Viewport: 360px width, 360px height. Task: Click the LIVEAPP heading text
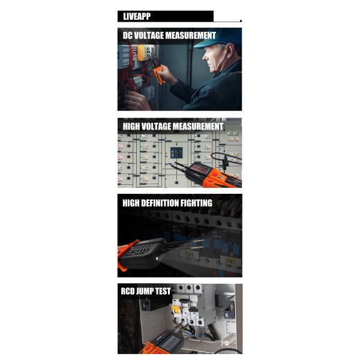pyautogui.click(x=137, y=16)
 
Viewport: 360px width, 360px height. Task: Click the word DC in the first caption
pyautogui.click(x=127, y=35)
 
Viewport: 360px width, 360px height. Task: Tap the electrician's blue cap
pyautogui.click(x=217, y=37)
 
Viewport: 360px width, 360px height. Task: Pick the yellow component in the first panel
pyautogui.click(x=141, y=53)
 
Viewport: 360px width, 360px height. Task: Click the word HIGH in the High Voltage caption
pyautogui.click(x=131, y=127)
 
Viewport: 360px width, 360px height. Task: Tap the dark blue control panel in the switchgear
pyautogui.click(x=176, y=152)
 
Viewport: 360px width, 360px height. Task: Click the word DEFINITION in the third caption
pyautogui.click(x=160, y=203)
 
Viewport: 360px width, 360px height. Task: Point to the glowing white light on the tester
pyautogui.click(x=157, y=259)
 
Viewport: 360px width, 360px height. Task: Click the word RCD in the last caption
pyautogui.click(x=127, y=292)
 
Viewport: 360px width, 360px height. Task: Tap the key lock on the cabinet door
pyautogui.click(x=229, y=309)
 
